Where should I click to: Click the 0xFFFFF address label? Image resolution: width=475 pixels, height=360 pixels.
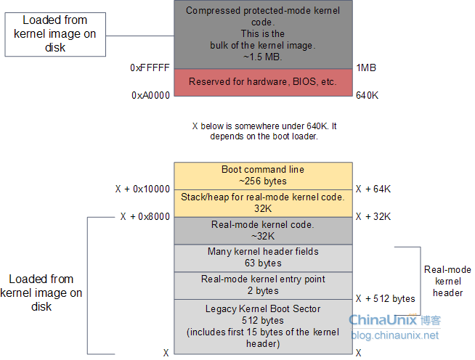pyautogui.click(x=150, y=67)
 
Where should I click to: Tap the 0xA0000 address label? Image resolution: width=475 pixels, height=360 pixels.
pyautogui.click(x=150, y=95)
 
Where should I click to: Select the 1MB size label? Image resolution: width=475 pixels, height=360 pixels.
pyautogui.click(x=366, y=67)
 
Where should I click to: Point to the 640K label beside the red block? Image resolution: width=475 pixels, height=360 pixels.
pyautogui.click(x=367, y=95)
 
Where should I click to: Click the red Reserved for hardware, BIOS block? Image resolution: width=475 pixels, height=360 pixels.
pyautogui.click(x=263, y=82)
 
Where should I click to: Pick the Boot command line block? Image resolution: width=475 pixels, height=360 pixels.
pyautogui.click(x=263, y=176)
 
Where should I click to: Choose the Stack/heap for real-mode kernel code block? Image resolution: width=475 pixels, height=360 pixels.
pyautogui.click(x=263, y=203)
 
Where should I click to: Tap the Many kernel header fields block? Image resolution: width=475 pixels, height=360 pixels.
pyautogui.click(x=263, y=258)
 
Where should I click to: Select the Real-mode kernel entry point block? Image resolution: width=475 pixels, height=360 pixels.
pyautogui.click(x=263, y=285)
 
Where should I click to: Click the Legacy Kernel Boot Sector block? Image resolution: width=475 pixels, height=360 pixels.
pyautogui.click(x=263, y=327)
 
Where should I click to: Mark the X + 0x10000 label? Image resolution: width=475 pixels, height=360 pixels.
pyautogui.click(x=142, y=189)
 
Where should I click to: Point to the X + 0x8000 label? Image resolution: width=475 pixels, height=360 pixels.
pyautogui.click(x=145, y=216)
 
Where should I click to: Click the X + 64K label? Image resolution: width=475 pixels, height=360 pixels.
pyautogui.click(x=373, y=189)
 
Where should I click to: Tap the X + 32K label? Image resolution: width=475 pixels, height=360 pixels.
pyautogui.click(x=373, y=216)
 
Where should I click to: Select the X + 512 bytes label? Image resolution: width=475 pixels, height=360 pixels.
pyautogui.click(x=386, y=298)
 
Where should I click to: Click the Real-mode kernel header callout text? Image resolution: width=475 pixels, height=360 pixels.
pyautogui.click(x=447, y=282)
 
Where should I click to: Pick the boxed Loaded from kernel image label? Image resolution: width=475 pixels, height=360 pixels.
pyautogui.click(x=55, y=34)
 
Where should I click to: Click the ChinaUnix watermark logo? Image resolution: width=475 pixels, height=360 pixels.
pyautogui.click(x=394, y=320)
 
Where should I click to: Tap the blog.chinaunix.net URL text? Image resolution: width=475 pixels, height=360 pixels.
pyautogui.click(x=394, y=335)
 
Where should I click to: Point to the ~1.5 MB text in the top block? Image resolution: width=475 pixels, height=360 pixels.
pyautogui.click(x=263, y=57)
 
